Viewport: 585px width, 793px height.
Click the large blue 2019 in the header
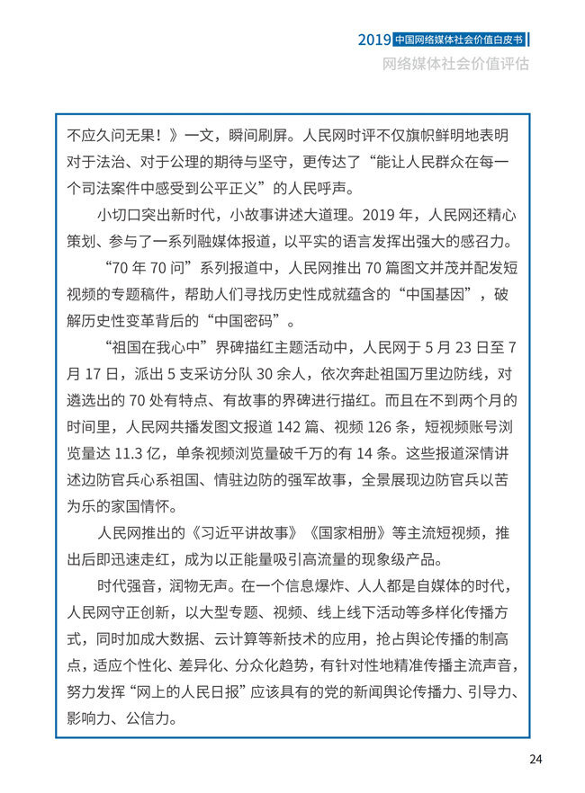tap(373, 40)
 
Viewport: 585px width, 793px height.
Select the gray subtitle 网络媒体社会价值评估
tap(455, 65)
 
